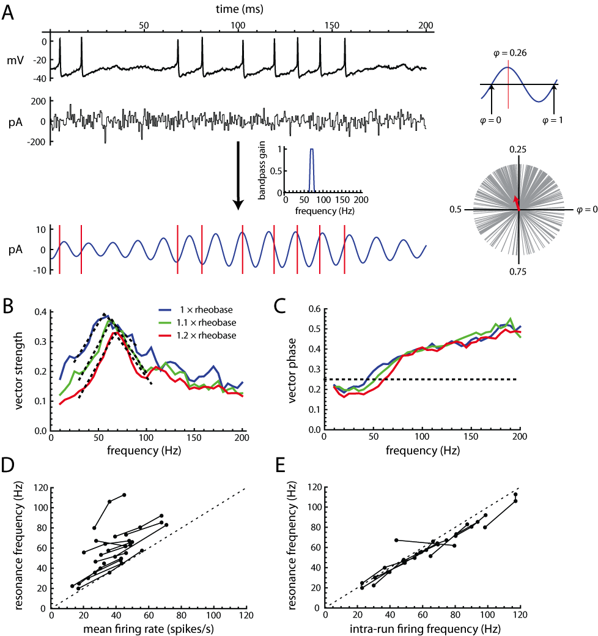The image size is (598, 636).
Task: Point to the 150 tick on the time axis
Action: pyautogui.click(x=332, y=25)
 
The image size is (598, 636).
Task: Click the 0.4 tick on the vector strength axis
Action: pyautogui.click(x=43, y=311)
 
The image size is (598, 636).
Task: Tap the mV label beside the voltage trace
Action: pyautogui.click(x=32, y=61)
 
